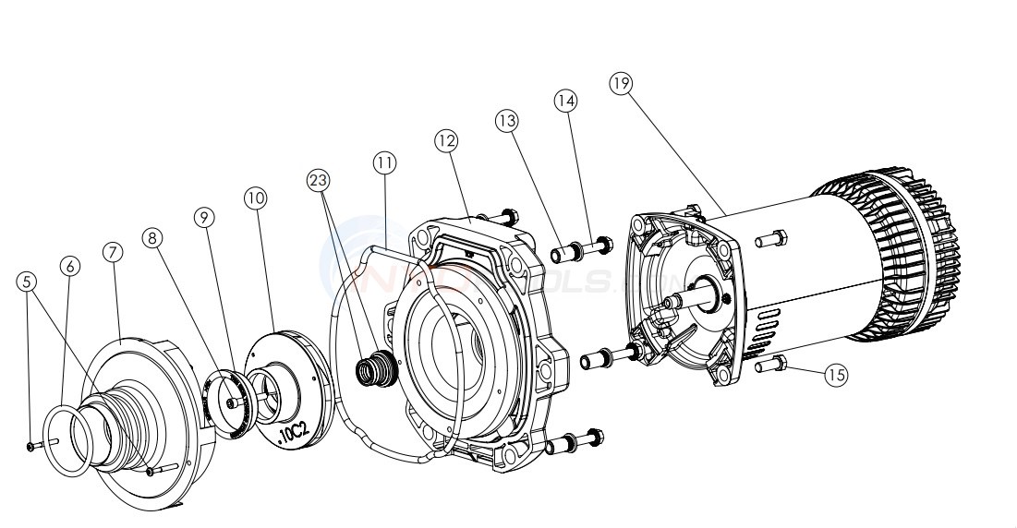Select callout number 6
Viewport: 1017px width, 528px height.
(x=70, y=265)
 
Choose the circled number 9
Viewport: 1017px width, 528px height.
(x=205, y=217)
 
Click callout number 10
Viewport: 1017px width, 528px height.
(x=256, y=198)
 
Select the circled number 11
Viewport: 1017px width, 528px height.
(x=384, y=162)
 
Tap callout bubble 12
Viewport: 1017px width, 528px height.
(x=446, y=140)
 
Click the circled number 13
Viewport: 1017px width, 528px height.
(x=506, y=120)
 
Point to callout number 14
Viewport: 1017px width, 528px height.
(x=566, y=100)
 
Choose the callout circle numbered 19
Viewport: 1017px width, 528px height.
(x=621, y=83)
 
